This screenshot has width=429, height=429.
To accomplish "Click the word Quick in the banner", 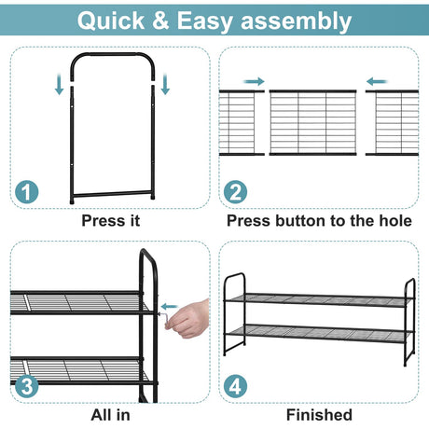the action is [111, 21].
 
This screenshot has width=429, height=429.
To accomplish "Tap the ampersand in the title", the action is [160, 21].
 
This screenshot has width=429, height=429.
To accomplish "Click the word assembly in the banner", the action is [297, 21].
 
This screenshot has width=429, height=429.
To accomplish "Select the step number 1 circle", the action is [27, 192].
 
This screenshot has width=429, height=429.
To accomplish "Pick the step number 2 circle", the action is [235, 192].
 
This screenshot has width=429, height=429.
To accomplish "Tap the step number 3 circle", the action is [27, 386].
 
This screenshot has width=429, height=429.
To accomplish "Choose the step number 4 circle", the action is [235, 386].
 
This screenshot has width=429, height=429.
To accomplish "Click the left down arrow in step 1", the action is [59, 85].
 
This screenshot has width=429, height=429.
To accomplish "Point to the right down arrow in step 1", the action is [165, 85].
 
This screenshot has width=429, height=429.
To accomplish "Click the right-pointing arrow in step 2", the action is [254, 82].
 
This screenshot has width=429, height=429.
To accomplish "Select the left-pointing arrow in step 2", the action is [377, 82].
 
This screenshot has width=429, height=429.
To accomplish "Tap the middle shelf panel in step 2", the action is [312, 122].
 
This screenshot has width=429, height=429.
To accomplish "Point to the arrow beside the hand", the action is [170, 307].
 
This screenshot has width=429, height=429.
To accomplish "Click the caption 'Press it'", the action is [111, 221].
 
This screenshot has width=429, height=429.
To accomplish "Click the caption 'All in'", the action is [111, 415].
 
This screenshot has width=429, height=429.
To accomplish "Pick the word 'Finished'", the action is [319, 415].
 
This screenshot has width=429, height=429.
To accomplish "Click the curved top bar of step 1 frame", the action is [113, 55].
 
